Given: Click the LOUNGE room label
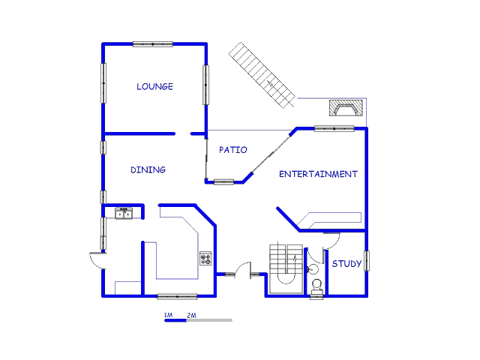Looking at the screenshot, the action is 154,87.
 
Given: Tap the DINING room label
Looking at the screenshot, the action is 148,170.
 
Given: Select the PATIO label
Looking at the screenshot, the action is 233,150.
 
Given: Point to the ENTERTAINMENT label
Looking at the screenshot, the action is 318,174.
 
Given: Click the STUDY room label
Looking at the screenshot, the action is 346,263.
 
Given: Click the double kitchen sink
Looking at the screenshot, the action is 124,213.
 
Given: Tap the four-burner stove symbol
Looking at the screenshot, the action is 205,258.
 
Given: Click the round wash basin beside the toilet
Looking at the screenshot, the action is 313,269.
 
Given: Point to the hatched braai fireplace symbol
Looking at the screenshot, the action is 346,108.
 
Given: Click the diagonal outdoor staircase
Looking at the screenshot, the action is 262,75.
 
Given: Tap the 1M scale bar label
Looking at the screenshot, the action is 168,315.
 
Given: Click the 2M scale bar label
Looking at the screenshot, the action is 192,315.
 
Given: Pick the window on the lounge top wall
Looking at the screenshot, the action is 153,44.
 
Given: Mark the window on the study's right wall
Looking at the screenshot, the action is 367,261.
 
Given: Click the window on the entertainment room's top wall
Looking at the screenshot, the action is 334,128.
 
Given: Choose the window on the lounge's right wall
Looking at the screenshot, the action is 205,85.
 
